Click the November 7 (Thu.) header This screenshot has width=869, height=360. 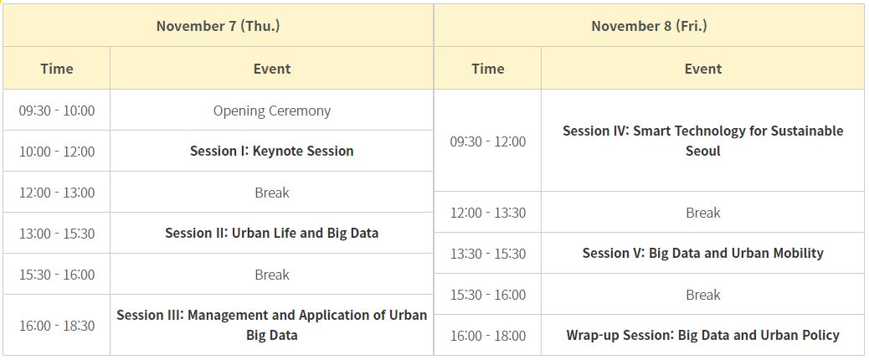click(218, 26)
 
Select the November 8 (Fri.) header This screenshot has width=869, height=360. click(649, 26)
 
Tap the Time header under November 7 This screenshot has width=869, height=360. click(57, 69)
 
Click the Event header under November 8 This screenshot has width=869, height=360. click(703, 69)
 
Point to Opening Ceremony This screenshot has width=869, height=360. click(272, 111)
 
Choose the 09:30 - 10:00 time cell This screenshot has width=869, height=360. click(57, 111)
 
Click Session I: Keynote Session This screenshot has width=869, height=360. click(271, 152)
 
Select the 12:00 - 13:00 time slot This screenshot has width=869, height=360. click(57, 193)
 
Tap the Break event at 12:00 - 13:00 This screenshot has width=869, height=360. click(272, 193)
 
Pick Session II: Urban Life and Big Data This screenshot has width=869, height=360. click(271, 234)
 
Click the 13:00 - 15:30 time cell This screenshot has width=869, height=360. click(57, 234)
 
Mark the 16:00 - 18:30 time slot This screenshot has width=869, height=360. click(57, 326)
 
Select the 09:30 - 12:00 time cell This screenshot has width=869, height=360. click(488, 141)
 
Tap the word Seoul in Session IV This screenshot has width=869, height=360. click(702, 152)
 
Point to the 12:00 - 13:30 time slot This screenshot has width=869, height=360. click(488, 213)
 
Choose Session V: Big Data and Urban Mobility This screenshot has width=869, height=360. click(702, 254)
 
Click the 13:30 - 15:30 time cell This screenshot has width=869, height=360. click(488, 254)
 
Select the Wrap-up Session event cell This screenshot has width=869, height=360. click(702, 336)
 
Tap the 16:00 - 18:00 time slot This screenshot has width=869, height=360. click(488, 336)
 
